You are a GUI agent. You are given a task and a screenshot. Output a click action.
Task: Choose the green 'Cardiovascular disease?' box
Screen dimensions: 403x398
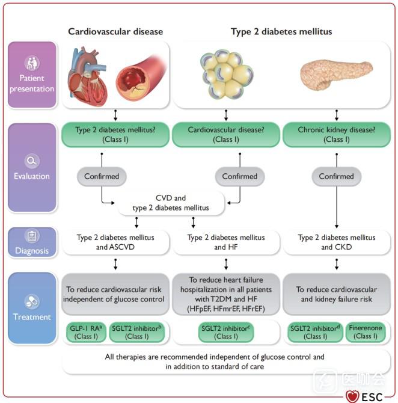tap(225, 134)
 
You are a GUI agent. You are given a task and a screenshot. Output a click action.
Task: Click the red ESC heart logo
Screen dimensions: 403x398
tap(353, 396)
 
